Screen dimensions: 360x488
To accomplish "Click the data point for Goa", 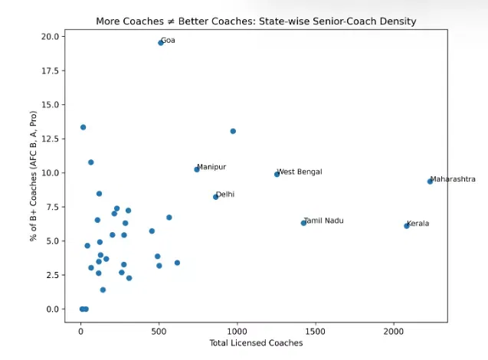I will pyautogui.click(x=161, y=43).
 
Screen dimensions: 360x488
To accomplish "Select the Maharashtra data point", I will pyautogui.click(x=430, y=182).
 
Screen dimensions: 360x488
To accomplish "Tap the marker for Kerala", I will pyautogui.click(x=407, y=226).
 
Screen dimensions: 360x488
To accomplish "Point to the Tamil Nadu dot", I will pyautogui.click(x=303, y=223).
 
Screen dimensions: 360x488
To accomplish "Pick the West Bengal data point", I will pyautogui.click(x=277, y=175).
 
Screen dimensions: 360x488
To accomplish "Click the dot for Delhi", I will pyautogui.click(x=216, y=197).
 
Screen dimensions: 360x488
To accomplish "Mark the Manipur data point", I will pyautogui.click(x=197, y=169).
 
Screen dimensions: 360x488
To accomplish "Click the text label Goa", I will pyautogui.click(x=168, y=41).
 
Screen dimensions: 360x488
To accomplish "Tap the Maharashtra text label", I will pyautogui.click(x=453, y=179).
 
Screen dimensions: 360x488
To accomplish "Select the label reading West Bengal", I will pyautogui.click(x=300, y=172).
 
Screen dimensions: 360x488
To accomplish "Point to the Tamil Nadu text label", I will pyautogui.click(x=324, y=221).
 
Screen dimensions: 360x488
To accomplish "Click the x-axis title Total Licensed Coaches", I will pyautogui.click(x=256, y=343).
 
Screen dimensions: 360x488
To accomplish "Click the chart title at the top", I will pyautogui.click(x=256, y=21).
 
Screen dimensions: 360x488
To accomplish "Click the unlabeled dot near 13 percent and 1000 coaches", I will pyautogui.click(x=233, y=131).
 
